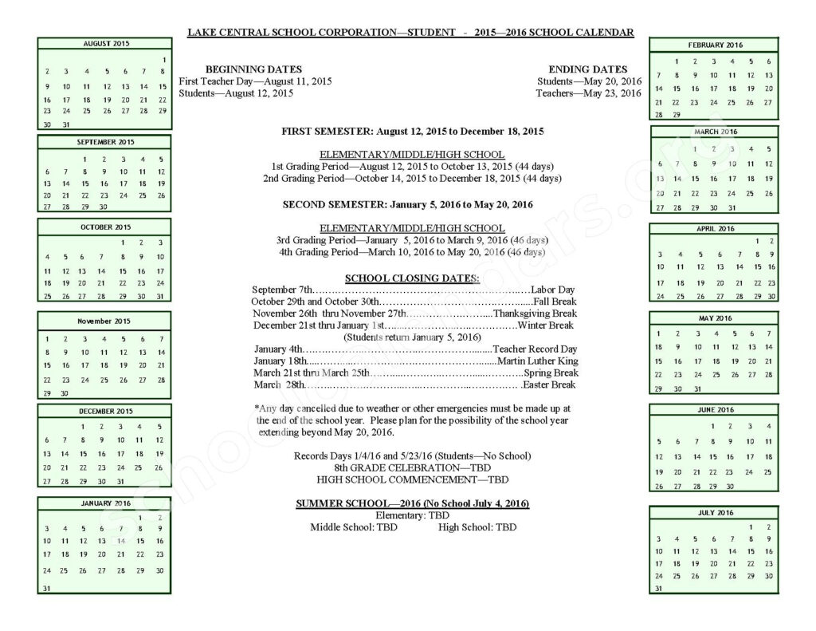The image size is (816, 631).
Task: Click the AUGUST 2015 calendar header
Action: click(x=105, y=43)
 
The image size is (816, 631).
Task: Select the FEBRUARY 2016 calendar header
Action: click(x=714, y=45)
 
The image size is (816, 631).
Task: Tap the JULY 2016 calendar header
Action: click(x=714, y=512)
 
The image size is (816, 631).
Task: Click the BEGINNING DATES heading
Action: click(x=253, y=69)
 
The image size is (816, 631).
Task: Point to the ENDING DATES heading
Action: click(x=587, y=69)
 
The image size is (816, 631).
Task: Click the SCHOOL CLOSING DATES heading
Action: click(x=412, y=278)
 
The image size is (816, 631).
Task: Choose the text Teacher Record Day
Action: click(x=534, y=349)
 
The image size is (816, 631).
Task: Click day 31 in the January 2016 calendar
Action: click(x=46, y=589)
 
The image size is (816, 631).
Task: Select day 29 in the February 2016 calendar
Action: click(x=677, y=115)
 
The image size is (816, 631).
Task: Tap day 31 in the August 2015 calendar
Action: click(x=66, y=124)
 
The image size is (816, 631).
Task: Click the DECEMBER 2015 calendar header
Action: click(x=105, y=412)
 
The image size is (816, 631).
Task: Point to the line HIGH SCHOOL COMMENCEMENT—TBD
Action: click(x=412, y=479)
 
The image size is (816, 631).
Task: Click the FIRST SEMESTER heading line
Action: click(x=412, y=130)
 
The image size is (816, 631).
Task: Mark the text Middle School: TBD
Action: click(x=353, y=527)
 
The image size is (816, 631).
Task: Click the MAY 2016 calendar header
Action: click(x=714, y=318)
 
